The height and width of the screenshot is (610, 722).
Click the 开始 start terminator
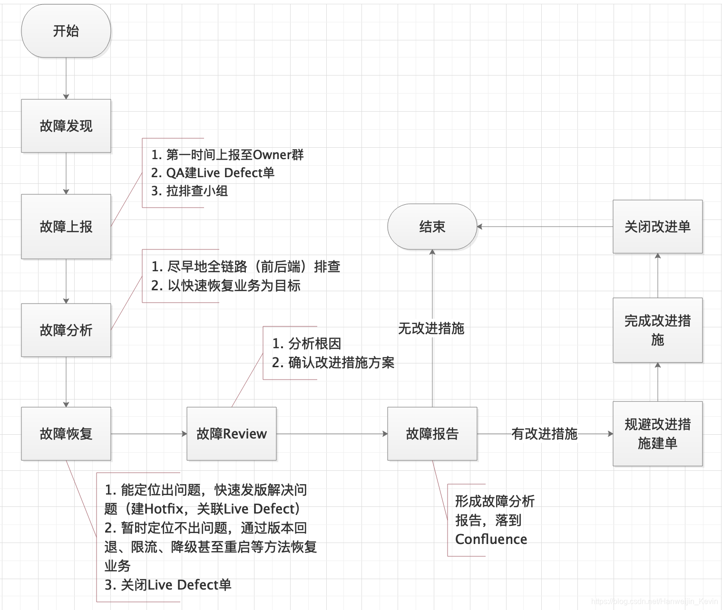coord(66,31)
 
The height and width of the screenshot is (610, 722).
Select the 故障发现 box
coord(66,126)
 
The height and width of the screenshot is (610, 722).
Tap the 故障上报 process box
coord(66,227)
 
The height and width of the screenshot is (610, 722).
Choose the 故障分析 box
coord(66,330)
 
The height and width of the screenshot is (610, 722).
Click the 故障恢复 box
coord(66,434)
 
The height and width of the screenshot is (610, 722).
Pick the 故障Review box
coord(232,434)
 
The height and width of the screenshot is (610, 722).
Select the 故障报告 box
coord(432,434)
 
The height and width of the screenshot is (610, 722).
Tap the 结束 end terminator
coord(432,227)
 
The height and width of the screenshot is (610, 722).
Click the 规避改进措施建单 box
coord(658,434)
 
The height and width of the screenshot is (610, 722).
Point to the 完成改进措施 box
coord(658,330)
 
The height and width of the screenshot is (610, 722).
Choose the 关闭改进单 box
coord(658,227)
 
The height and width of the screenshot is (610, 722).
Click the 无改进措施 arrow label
coord(431,328)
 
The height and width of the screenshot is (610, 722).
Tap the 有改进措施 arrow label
coord(545,434)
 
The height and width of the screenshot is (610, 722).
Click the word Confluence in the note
coord(491,539)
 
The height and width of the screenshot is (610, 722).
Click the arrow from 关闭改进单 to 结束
coord(545,227)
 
